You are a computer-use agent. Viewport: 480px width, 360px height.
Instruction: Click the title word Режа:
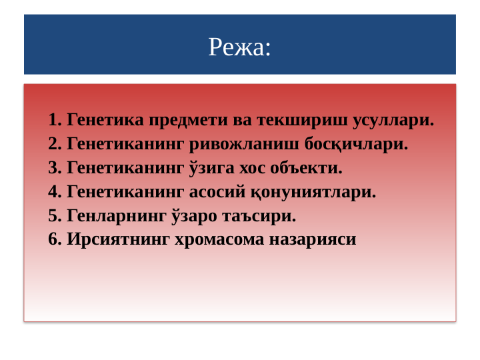coord(239,47)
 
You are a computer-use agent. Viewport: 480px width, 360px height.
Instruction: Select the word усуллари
coord(393,121)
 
